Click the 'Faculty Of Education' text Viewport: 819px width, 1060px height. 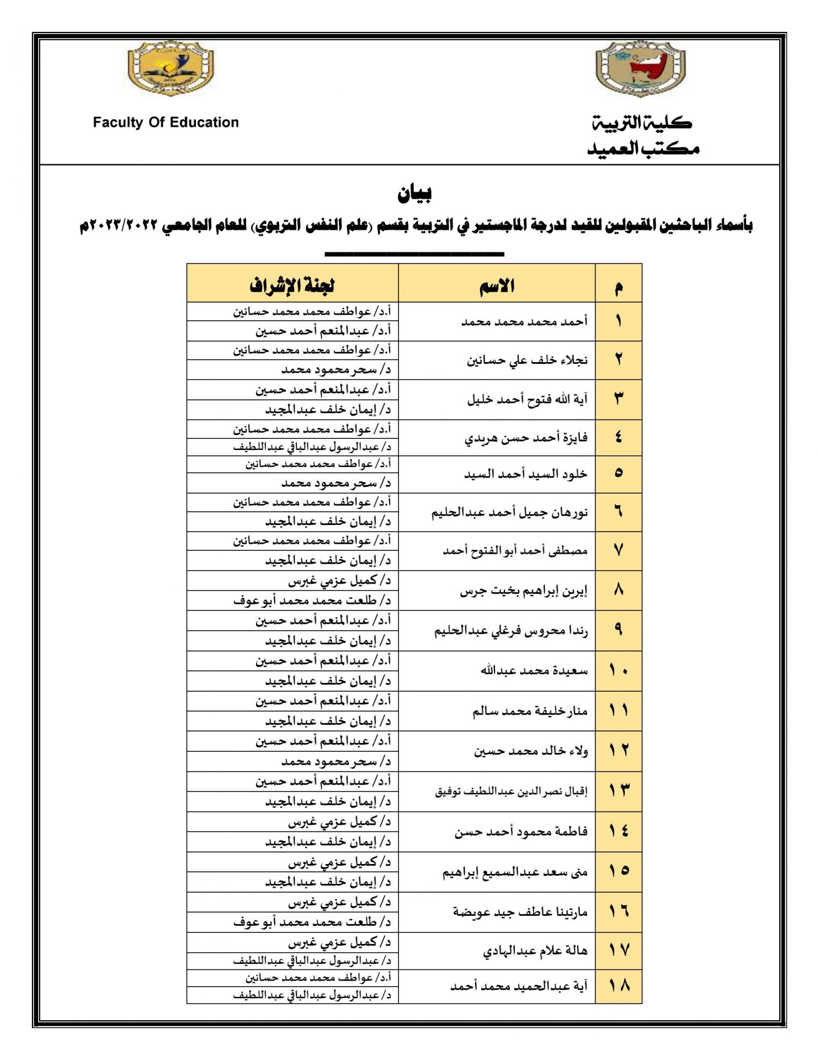pyautogui.click(x=166, y=123)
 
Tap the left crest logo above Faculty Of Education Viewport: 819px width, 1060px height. pyautogui.click(x=171, y=69)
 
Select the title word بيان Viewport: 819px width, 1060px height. pyautogui.click(x=414, y=193)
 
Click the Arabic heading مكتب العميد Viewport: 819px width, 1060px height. pyautogui.click(x=643, y=149)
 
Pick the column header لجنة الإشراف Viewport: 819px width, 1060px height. pyautogui.click(x=292, y=285)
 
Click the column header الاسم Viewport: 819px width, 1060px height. pyautogui.click(x=497, y=285)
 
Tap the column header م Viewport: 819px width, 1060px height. pyautogui.click(x=619, y=287)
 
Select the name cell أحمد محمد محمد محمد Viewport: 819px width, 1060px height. pyautogui.click(x=524, y=322)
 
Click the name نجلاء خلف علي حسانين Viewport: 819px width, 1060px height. pyautogui.click(x=527, y=361)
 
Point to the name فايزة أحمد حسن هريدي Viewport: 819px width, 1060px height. pyautogui.click(x=526, y=438)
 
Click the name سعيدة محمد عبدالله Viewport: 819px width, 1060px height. pyautogui.click(x=534, y=671)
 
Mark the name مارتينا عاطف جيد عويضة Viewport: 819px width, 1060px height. pyautogui.click(x=520, y=912)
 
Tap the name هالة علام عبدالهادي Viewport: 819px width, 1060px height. pyautogui.click(x=535, y=951)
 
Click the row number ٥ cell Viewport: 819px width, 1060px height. pyautogui.click(x=619, y=473)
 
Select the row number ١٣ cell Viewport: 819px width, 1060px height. pyautogui.click(x=619, y=791)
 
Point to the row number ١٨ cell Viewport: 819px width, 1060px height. pyautogui.click(x=619, y=985)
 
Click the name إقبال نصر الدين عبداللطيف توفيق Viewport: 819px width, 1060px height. pyautogui.click(x=511, y=792)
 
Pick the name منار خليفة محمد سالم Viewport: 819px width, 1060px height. pyautogui.click(x=530, y=711)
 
